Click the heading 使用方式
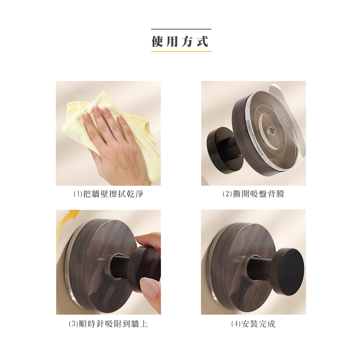[180, 41]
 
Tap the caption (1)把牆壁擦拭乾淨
[108, 194]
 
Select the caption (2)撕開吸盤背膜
[254, 194]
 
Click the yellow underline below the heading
[181, 51]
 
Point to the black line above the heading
[181, 29]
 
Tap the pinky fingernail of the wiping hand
[120, 118]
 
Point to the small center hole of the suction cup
[270, 131]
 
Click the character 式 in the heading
[202, 41]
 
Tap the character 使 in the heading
[158, 41]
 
